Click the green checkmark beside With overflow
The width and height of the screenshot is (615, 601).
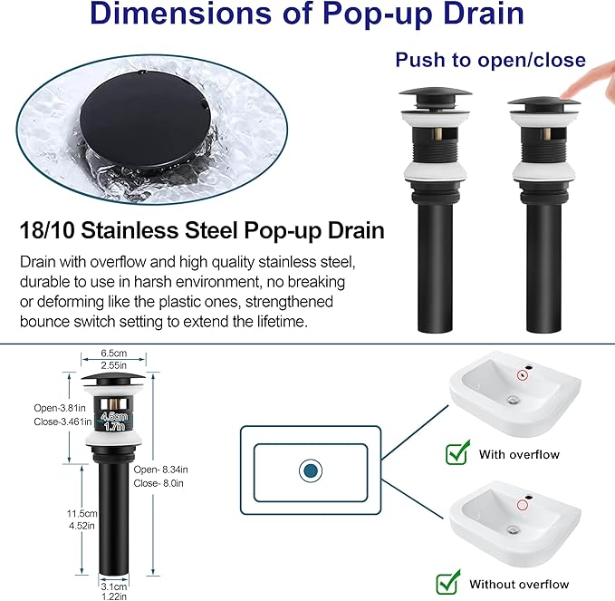[457, 452]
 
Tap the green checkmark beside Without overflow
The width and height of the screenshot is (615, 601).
[448, 582]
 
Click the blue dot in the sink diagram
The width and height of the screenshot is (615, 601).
[311, 470]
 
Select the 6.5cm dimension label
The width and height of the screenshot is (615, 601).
[114, 353]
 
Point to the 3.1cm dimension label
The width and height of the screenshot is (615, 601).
[113, 586]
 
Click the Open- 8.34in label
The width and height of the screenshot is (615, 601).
[161, 470]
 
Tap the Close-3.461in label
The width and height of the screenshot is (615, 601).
[62, 422]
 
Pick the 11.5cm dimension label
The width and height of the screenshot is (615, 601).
[82, 513]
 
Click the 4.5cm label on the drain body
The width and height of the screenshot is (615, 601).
[114, 416]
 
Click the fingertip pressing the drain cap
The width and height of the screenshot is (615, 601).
[568, 94]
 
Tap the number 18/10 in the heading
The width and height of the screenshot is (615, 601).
[47, 229]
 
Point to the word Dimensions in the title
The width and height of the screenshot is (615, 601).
[180, 14]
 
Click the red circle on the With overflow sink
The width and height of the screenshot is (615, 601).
[523, 375]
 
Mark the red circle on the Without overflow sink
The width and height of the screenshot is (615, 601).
[523, 505]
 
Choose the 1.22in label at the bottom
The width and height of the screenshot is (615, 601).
[114, 596]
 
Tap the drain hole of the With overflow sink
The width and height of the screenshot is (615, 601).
[514, 400]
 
